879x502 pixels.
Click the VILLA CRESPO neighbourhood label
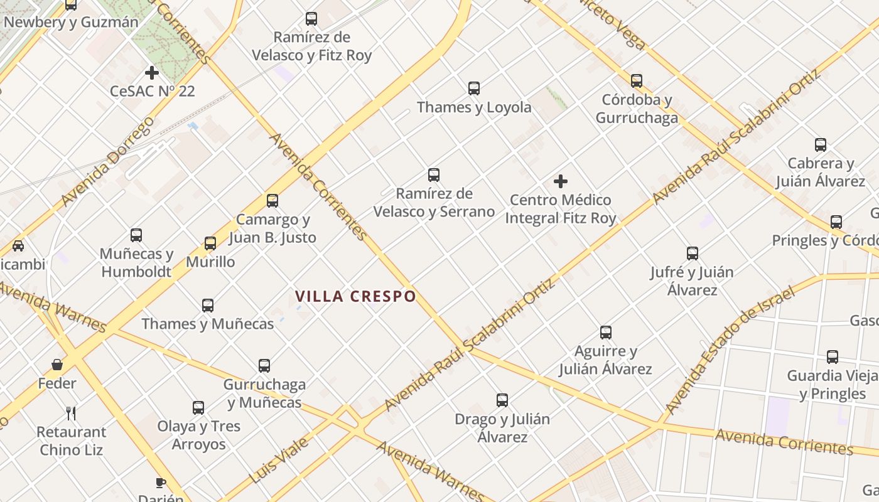point(355,296)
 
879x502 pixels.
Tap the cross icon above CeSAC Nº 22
point(152,73)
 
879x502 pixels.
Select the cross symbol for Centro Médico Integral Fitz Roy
point(561,182)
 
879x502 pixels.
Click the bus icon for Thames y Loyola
point(474,88)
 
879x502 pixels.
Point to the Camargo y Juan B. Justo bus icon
point(272,201)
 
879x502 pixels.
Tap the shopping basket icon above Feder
point(57,365)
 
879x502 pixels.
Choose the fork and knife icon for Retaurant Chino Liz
point(71,413)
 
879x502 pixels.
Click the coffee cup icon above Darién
point(161,483)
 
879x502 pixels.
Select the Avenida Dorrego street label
point(108,161)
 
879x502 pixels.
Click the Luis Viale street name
point(279,461)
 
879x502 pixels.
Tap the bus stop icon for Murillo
point(210,243)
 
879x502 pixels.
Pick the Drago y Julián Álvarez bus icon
point(502,400)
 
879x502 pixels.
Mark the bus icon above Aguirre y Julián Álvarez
point(606,333)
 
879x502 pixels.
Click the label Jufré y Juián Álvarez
point(692,281)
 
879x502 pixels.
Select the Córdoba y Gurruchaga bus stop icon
point(637,81)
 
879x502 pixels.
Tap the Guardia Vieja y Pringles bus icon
point(833,357)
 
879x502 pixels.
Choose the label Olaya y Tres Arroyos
point(198,435)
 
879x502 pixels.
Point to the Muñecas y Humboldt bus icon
point(136,235)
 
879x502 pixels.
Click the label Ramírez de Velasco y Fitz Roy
point(312,46)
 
